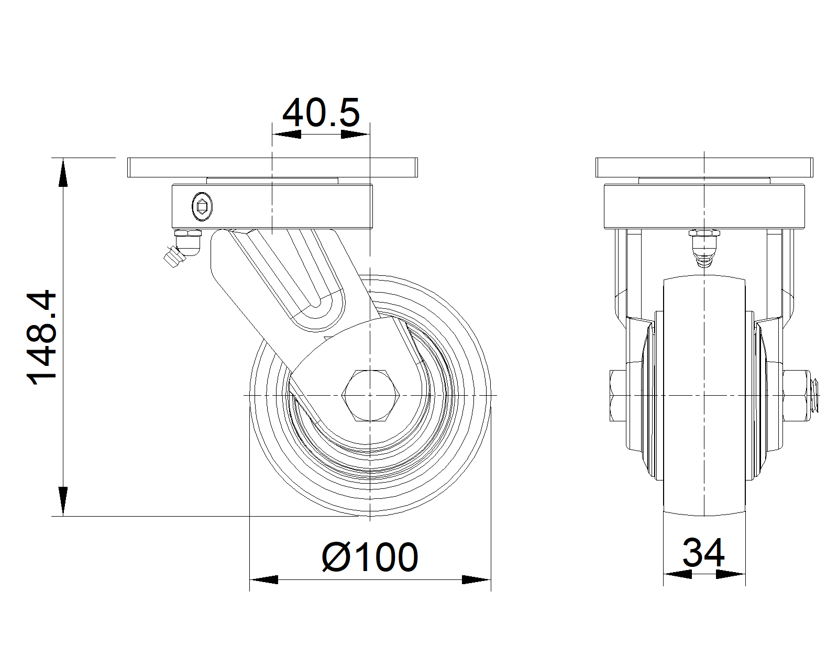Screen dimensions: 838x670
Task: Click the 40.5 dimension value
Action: [321, 113]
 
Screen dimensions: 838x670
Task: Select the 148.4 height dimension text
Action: [42, 337]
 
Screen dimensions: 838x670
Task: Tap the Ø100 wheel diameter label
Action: [370, 557]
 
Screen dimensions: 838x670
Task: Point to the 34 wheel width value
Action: [703, 552]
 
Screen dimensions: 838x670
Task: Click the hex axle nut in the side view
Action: [370, 396]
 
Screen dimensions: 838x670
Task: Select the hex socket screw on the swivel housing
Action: [202, 206]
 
